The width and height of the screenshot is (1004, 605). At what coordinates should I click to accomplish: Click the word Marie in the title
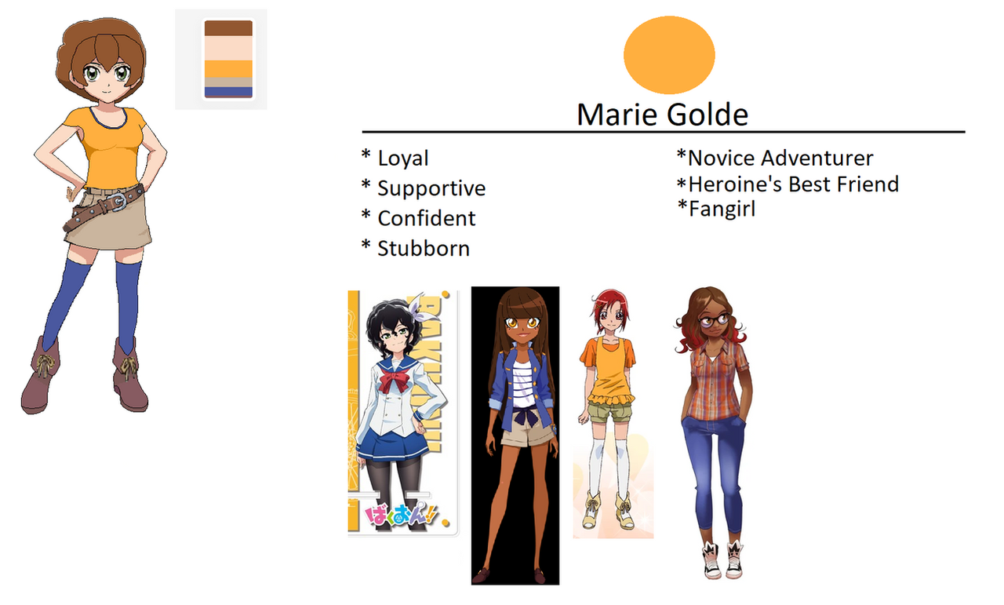click(x=617, y=115)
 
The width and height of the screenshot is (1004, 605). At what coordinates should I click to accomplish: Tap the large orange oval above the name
click(x=669, y=55)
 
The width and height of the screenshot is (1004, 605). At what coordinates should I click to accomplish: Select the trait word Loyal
click(x=403, y=159)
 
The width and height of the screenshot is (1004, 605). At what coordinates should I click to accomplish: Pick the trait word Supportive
click(x=431, y=189)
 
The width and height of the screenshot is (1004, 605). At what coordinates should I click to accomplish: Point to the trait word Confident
click(x=426, y=218)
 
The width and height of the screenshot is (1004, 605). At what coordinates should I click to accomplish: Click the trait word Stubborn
click(x=424, y=249)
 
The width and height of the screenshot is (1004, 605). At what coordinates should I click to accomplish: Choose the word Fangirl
click(x=722, y=210)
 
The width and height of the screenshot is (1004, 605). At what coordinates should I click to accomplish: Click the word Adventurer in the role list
click(x=817, y=158)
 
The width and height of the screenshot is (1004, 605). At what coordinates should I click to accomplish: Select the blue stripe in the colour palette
click(x=228, y=92)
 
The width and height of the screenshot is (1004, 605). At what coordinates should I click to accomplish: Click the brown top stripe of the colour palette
click(x=228, y=28)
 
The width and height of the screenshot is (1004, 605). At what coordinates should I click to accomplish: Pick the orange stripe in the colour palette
click(x=228, y=69)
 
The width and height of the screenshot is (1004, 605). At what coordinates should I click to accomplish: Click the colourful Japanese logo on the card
click(x=400, y=515)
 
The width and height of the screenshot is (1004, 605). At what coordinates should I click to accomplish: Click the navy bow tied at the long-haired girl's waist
click(x=525, y=416)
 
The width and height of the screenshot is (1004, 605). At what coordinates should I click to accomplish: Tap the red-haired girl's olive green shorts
click(x=610, y=411)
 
